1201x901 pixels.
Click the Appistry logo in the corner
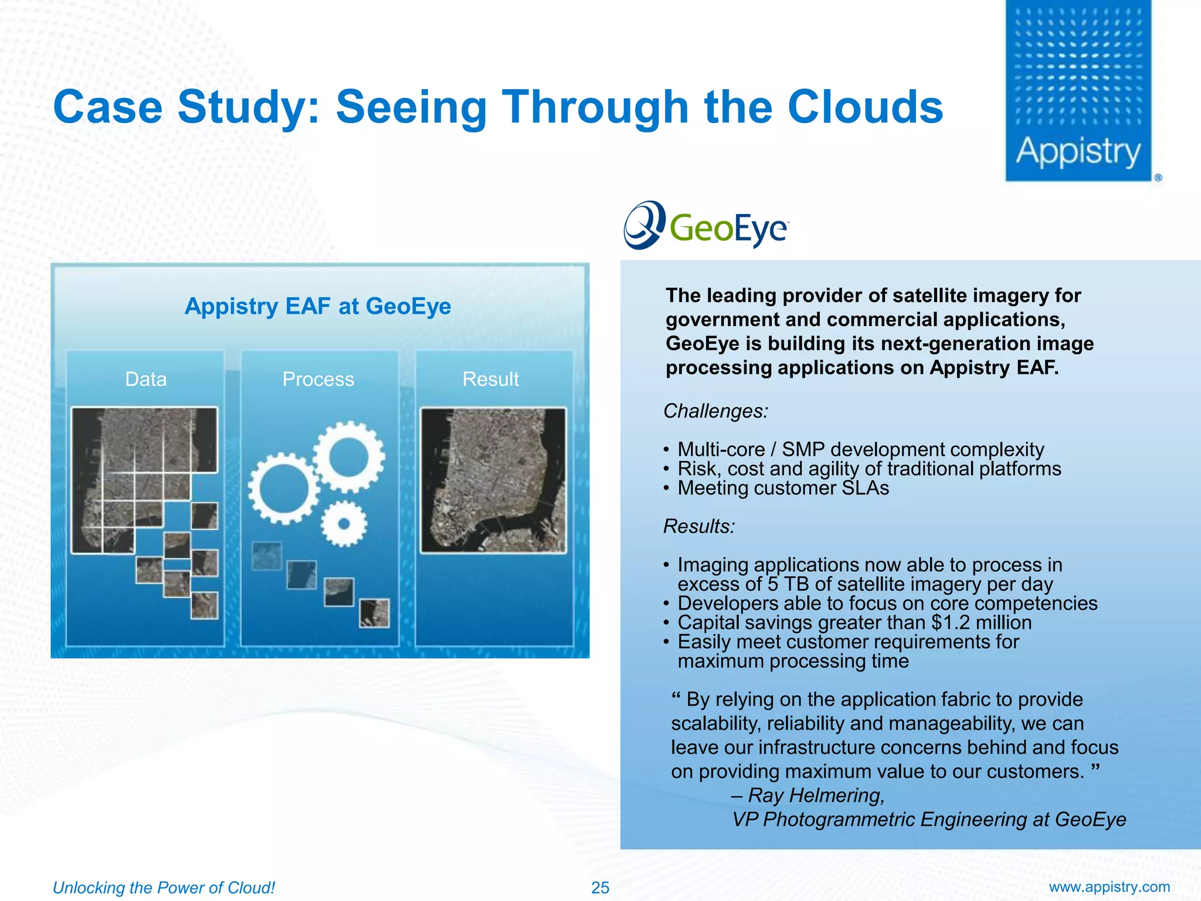[1078, 91]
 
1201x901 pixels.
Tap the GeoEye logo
[707, 226]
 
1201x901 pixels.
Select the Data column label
[145, 380]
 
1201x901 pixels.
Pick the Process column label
[318, 380]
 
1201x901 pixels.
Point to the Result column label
[490, 380]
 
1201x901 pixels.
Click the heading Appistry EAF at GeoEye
[318, 306]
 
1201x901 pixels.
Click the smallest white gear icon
[344, 523]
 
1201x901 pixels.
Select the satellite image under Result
[493, 480]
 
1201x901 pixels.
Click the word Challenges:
[715, 411]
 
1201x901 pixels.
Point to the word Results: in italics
[699, 527]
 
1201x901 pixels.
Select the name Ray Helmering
[815, 795]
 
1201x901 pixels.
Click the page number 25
[600, 888]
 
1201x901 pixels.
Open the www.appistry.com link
[1109, 887]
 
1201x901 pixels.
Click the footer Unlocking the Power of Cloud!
[164, 888]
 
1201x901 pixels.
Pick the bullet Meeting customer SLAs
[783, 488]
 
